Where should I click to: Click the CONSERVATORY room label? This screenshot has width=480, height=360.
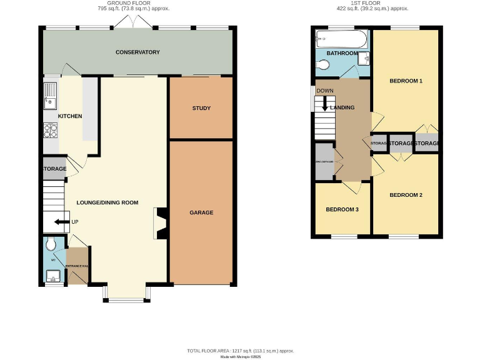pos(137,52)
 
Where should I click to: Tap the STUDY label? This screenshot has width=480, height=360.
pos(201,108)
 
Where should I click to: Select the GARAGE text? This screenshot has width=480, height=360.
pos(201,212)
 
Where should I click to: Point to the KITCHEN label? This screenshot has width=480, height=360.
pos(70,116)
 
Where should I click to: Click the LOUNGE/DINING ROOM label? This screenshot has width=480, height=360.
pos(107,202)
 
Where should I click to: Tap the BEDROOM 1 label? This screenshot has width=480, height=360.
pos(406,81)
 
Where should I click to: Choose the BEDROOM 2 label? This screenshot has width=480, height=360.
pos(406,195)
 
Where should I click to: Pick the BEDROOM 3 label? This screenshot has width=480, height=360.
pos(342,209)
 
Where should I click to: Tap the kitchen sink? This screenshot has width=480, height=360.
pos(49,96)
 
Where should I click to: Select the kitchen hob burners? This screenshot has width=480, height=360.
pos(50,131)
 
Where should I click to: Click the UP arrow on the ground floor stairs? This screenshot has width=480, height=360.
pos(61,221)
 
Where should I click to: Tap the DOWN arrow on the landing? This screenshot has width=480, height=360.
pos(324,104)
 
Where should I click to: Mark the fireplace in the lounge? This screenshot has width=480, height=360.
pos(160,224)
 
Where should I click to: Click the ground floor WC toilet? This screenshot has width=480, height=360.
pos(51,244)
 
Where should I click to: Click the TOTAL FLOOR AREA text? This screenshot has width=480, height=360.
pos(240,351)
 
